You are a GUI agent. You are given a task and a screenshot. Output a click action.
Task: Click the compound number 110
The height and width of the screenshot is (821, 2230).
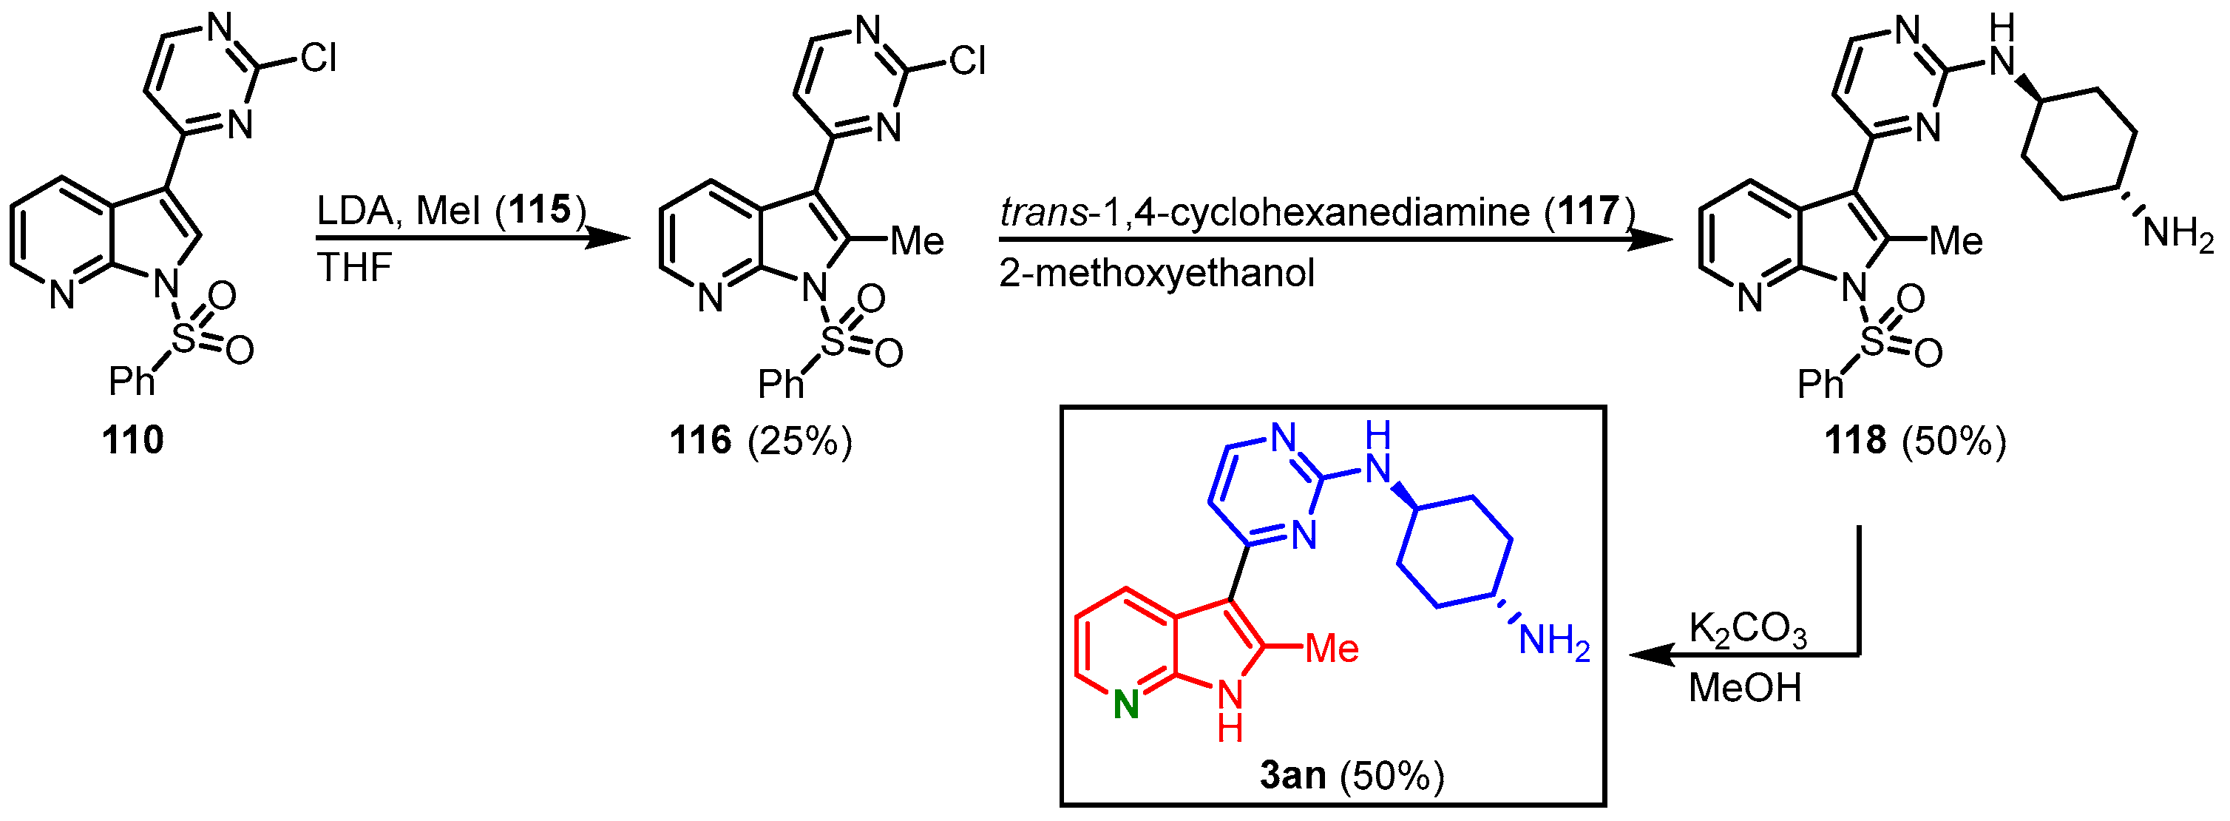[x=132, y=440]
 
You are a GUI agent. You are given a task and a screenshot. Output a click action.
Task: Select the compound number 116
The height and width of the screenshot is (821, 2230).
[x=700, y=440]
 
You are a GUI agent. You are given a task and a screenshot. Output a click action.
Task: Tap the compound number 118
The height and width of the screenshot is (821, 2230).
[x=1855, y=440]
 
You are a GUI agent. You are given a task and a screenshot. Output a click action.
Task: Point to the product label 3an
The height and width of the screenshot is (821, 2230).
[x=1292, y=774]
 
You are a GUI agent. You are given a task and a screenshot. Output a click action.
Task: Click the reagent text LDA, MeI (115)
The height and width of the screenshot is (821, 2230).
[x=451, y=211]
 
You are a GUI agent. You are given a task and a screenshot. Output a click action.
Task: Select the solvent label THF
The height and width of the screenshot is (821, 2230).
[x=355, y=268]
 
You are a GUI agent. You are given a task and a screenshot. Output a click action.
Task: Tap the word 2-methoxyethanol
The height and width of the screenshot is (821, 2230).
[x=1156, y=274]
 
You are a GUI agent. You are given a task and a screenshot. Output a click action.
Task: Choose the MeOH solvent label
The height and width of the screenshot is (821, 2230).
[x=1744, y=688]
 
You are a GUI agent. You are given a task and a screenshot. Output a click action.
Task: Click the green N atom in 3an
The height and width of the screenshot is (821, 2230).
[x=1125, y=706]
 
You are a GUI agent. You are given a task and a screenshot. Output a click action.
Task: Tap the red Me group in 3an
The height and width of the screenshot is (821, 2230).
[x=1332, y=648]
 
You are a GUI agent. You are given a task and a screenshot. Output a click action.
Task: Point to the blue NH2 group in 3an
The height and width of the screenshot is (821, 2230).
[x=1555, y=642]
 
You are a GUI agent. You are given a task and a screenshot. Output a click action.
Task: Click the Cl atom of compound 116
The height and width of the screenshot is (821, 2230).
[x=967, y=61]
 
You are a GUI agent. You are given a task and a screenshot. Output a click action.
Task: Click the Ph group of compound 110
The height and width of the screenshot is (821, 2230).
[x=132, y=381]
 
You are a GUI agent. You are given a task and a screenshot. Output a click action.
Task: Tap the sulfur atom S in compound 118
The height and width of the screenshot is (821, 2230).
[x=1871, y=342]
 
